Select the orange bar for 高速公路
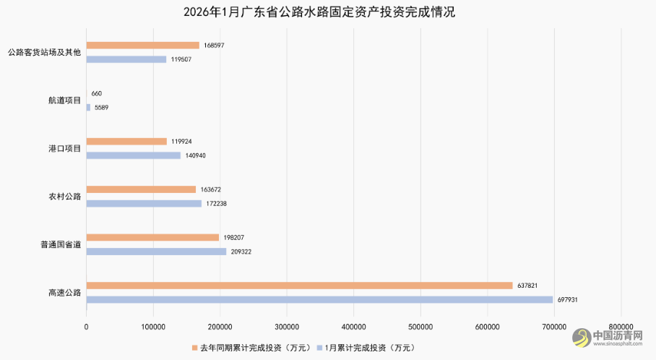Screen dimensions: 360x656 coord(299,286)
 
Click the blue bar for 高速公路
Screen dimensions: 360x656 coord(319,299)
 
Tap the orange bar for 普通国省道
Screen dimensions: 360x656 coord(152,237)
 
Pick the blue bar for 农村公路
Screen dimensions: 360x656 coord(144,204)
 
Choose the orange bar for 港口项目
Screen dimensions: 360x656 coord(126,142)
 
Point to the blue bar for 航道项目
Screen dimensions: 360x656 coord(88,108)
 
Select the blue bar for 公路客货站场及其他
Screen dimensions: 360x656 coord(126,59)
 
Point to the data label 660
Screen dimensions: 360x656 coord(97,93)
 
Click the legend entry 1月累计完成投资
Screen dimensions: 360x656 coord(366,347)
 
